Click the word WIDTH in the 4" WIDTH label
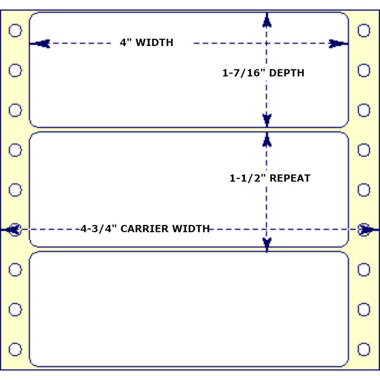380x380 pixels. coord(154,43)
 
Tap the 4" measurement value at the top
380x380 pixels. coord(125,43)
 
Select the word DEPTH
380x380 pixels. coord(286,73)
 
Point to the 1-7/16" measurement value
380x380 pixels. coord(243,73)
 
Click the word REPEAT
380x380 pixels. coord(290,178)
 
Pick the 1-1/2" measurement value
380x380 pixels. coord(247,178)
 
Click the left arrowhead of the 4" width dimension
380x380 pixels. coord(42,43)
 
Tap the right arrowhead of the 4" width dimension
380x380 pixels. coord(336,43)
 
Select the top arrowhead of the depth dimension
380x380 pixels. coord(267,20)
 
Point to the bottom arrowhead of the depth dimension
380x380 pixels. coord(267,119)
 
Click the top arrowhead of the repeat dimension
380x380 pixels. coord(267,139)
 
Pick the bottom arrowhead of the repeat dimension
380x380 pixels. coord(267,243)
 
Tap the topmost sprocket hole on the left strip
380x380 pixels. coord(15,30)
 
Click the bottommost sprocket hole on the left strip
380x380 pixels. coord(15,349)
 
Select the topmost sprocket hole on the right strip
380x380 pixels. coord(364,30)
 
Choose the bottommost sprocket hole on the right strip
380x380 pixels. coord(364,349)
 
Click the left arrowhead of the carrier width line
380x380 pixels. coord(13,229)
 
